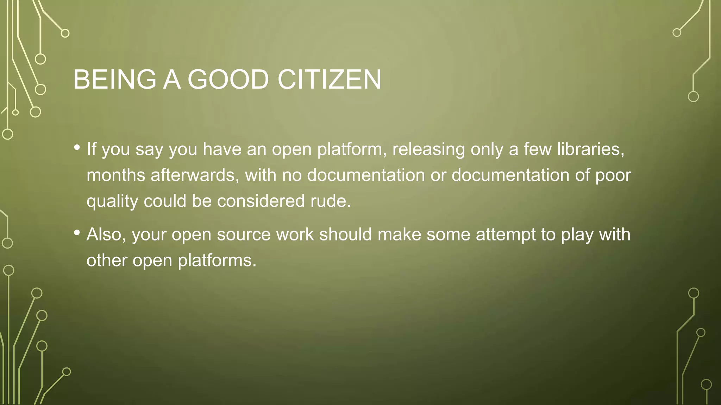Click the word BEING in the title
115,79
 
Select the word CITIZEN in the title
329,79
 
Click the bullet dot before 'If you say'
77,147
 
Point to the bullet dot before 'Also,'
77,232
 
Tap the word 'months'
116,175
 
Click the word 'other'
107,261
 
